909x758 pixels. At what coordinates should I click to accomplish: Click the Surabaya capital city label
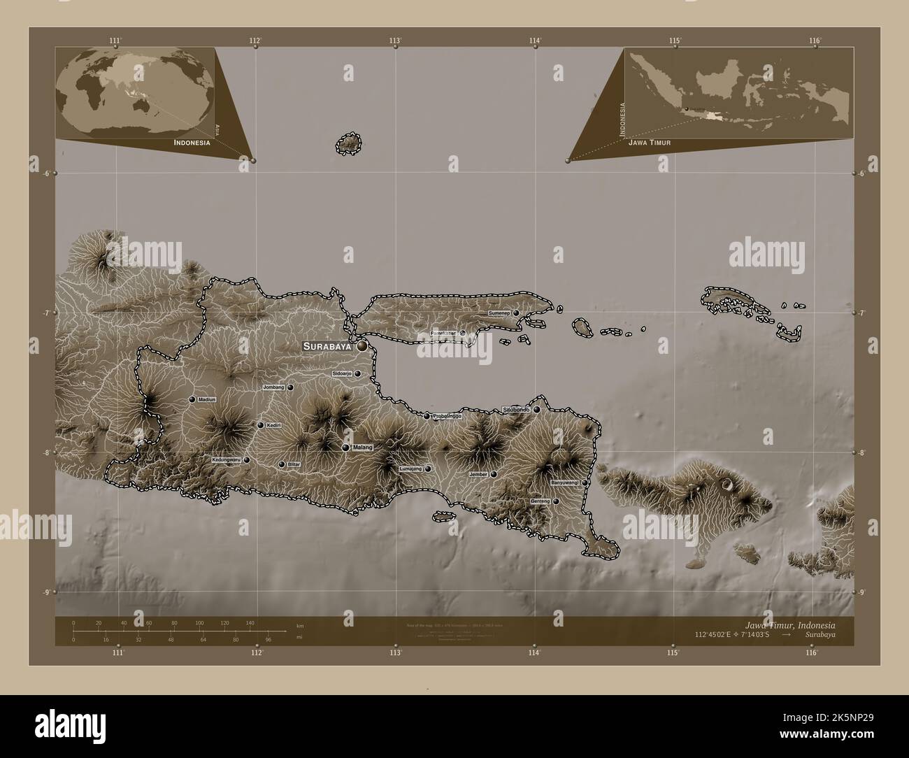(x=327, y=346)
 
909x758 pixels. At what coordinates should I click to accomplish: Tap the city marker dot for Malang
(x=345, y=448)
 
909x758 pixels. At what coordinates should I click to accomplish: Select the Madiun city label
(x=207, y=399)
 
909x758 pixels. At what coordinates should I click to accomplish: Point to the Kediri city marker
(x=260, y=425)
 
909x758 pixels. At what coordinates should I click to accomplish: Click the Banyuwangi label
(x=566, y=482)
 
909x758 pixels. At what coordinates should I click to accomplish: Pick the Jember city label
(x=479, y=474)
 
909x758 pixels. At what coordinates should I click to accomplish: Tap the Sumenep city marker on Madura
(x=517, y=313)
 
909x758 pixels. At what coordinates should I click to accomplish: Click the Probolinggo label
(x=448, y=416)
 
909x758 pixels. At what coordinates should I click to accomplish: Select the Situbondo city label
(x=517, y=409)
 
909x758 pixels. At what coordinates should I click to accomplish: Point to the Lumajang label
(x=410, y=469)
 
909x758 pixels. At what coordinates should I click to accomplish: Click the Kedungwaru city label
(x=227, y=460)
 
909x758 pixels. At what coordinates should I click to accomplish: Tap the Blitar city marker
(x=282, y=464)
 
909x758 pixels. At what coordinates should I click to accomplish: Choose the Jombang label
(x=273, y=387)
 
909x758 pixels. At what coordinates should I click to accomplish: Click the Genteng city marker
(x=556, y=501)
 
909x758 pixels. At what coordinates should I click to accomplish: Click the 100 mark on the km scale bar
(x=199, y=622)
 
